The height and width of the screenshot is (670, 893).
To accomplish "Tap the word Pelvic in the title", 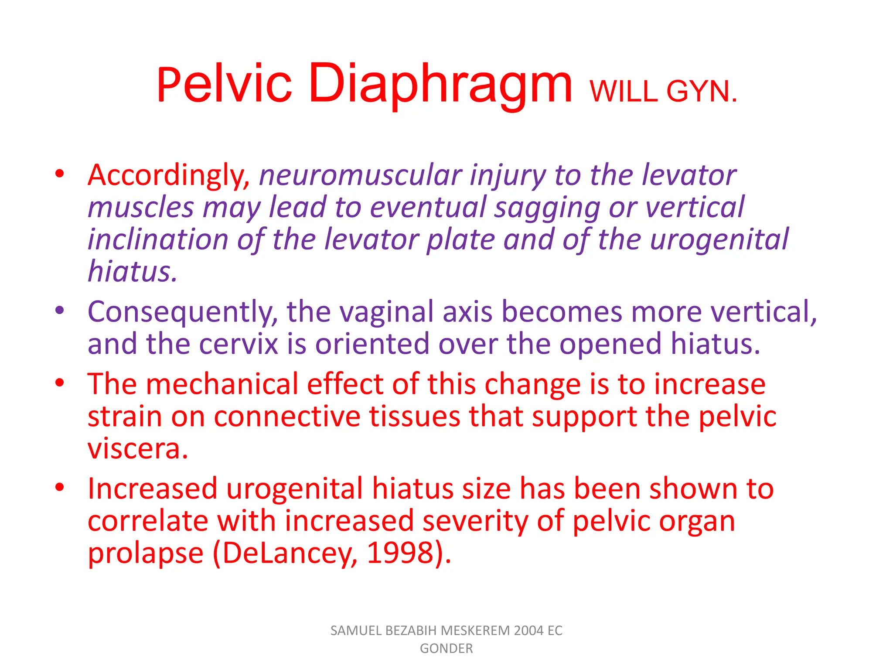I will (224, 84).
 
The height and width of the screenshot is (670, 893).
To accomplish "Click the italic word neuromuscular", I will (360, 175).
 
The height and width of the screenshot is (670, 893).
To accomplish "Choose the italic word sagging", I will (547, 208).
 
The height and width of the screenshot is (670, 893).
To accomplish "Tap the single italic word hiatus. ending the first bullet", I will (133, 272).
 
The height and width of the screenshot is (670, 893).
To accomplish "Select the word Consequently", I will (182, 312).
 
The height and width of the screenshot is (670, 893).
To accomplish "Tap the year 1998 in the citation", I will (400, 553).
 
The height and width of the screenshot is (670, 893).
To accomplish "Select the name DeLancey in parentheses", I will (289, 553).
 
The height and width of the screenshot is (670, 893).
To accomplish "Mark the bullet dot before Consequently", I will (60, 311).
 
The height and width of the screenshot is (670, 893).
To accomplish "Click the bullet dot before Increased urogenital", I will (60, 487).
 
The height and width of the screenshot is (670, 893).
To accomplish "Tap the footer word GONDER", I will (446, 649).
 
